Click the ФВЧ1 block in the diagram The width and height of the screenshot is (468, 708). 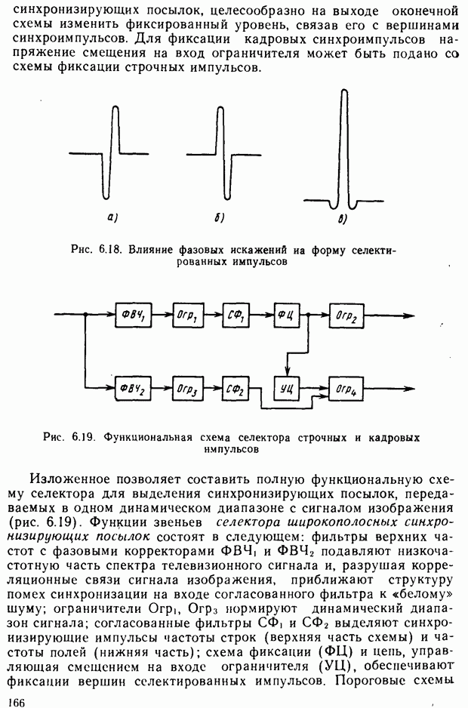[x=132, y=316]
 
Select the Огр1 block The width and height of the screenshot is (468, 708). [x=186, y=316]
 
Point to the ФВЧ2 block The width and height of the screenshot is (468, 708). [x=132, y=389]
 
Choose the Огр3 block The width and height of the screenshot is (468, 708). [x=186, y=389]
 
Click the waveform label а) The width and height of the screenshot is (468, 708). [x=111, y=219]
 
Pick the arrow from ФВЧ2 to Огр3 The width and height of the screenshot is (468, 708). [x=161, y=389]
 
